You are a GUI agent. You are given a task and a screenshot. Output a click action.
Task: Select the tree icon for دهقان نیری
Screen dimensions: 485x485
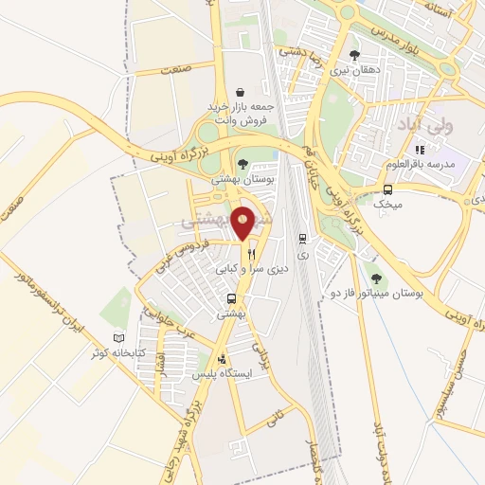coord(354,55)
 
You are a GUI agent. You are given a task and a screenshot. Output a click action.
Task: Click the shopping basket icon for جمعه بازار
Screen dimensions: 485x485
coord(242,92)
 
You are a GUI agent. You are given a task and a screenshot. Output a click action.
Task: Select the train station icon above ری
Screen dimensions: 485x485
coord(302,239)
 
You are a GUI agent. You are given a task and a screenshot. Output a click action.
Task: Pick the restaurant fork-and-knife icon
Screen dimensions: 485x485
coord(251,254)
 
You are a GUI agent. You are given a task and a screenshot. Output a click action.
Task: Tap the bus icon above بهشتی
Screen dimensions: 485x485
coord(231,299)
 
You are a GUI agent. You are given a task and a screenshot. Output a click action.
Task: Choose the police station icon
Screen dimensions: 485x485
coord(222,360)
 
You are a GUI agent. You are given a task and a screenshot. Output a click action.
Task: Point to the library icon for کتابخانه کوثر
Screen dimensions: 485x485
coord(118,338)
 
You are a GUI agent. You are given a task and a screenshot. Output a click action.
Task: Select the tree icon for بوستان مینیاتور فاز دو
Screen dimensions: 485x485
coord(376,278)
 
